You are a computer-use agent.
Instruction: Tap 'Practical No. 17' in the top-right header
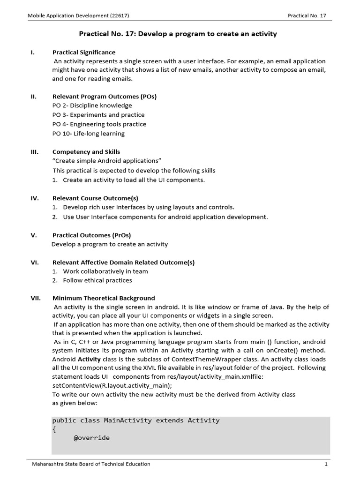[307, 15]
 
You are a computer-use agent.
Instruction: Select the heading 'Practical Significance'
[84, 52]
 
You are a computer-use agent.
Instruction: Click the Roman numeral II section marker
[34, 96]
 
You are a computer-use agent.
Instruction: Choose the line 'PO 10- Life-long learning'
[89, 134]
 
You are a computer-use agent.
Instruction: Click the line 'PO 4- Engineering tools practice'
[99, 124]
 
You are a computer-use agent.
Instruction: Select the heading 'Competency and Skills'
[86, 152]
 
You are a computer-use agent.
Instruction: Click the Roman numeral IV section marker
[34, 198]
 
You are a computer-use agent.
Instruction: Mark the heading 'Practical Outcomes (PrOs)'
[92, 235]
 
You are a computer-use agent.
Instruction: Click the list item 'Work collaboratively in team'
[105, 271]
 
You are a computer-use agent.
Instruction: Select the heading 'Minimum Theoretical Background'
[104, 298]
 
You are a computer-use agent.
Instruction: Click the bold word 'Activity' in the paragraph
[89, 360]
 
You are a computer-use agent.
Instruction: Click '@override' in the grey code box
[92, 438]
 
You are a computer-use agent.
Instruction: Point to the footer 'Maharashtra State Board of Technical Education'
[91, 464]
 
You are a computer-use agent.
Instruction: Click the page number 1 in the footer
[325, 464]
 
